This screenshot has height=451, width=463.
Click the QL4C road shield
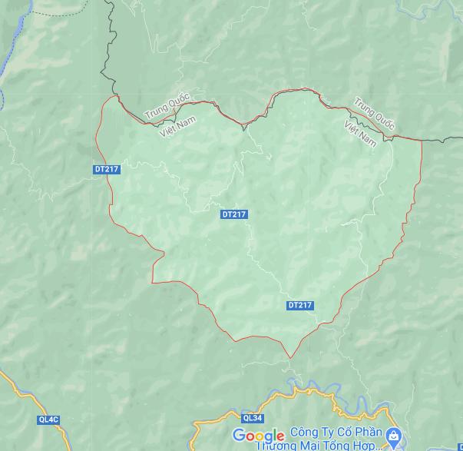48,419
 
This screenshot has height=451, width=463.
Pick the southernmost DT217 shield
300,305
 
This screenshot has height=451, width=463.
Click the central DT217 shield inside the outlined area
233,214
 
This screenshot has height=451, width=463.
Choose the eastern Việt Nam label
360,133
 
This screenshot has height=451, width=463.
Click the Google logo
259,436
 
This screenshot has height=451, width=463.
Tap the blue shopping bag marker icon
392,437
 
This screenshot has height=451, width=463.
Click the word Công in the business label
306,433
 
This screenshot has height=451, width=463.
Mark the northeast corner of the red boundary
421,140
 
